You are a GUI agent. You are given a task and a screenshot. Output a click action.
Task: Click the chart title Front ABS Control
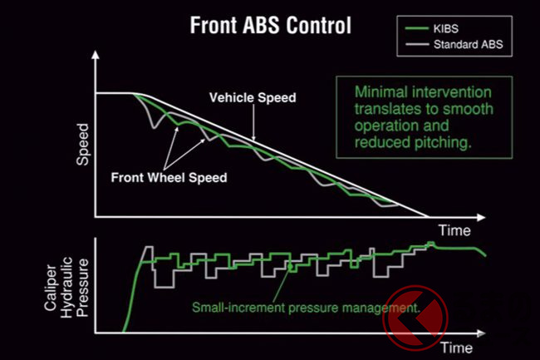pos(270,25)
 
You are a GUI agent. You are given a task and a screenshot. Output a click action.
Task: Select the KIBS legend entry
pos(445,28)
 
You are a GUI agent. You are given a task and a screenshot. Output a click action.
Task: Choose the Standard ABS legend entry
pos(468,44)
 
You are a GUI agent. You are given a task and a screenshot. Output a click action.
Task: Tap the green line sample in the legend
pos(417,28)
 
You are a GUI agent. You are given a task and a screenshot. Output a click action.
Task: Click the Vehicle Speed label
pos(253,97)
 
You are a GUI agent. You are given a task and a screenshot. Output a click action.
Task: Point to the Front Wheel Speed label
pos(169,177)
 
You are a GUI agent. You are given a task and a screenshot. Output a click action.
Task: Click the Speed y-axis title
pos(82,145)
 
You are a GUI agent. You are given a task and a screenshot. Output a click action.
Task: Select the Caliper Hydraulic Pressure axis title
pos(66,288)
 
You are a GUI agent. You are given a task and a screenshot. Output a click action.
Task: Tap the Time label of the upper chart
pos(454,230)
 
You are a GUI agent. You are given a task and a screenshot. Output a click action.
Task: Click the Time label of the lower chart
pos(457,348)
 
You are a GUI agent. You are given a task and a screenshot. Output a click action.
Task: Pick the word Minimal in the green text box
pos(381,92)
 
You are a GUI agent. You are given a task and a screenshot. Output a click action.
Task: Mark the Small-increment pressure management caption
pos(306,308)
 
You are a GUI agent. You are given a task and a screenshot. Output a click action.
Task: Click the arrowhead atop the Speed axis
pos(96,55)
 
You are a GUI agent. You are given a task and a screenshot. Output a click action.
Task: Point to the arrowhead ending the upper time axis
pos(481,217)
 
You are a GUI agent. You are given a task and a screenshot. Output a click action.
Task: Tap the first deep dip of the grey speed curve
pos(155,128)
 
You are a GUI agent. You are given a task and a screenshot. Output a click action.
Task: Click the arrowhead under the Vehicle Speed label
pos(254,138)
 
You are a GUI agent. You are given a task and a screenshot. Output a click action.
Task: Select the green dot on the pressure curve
pos(290,266)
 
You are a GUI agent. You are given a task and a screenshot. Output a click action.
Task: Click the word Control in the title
pos(318,25)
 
